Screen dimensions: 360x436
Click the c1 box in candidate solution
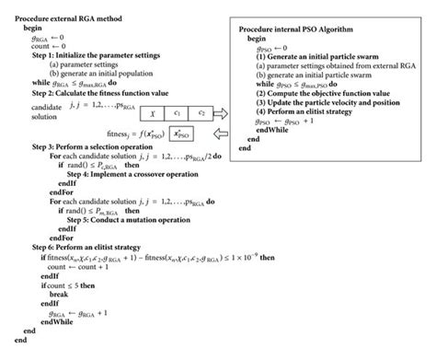point(177,113)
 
